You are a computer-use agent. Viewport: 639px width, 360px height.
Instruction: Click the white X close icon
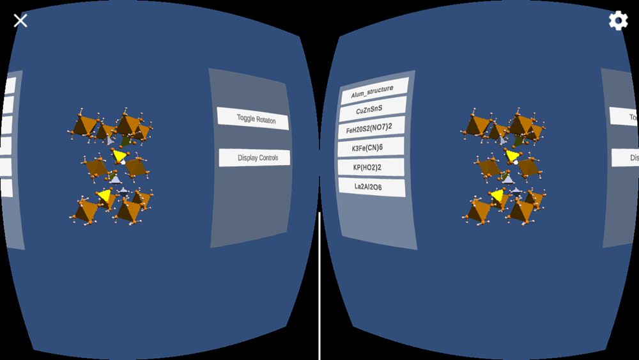click(x=20, y=20)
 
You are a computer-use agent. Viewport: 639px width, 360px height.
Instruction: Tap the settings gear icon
click(x=618, y=20)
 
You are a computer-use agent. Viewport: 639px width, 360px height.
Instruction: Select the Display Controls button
click(x=254, y=158)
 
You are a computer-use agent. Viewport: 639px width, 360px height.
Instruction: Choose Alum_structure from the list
click(x=373, y=91)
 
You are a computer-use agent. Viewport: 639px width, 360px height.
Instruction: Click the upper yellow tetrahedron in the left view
click(x=119, y=155)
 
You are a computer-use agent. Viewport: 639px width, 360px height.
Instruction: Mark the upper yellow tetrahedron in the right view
click(x=512, y=155)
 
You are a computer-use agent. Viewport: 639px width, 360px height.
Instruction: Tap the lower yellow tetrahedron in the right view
click(x=497, y=194)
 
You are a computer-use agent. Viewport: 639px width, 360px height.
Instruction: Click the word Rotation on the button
click(x=271, y=119)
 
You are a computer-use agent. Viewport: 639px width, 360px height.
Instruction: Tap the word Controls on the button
click(x=268, y=158)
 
